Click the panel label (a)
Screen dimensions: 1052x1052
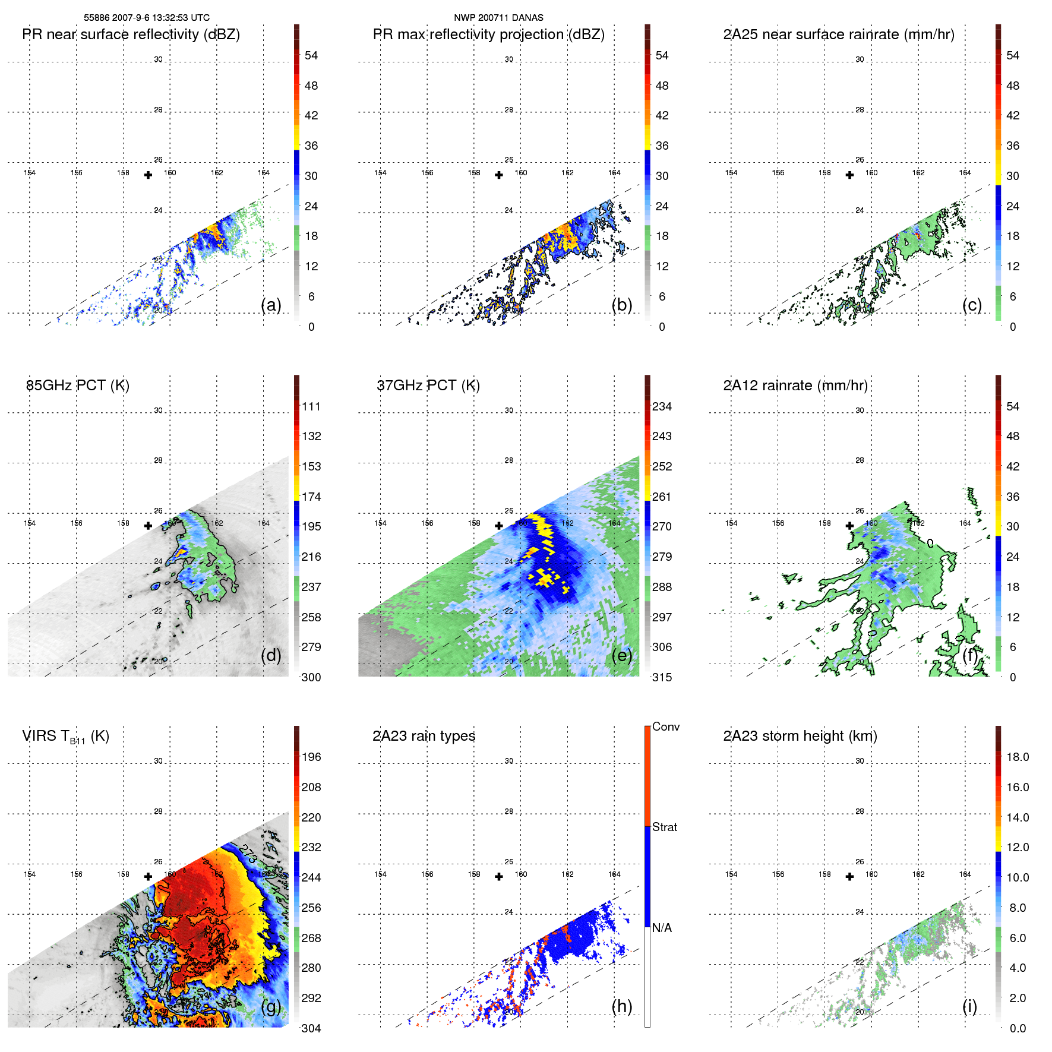[271, 305]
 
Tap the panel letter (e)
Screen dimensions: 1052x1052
[621, 656]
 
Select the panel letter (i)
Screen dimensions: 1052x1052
[969, 1006]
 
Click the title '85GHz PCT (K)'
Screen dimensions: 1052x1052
[78, 386]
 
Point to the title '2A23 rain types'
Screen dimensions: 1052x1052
[424, 736]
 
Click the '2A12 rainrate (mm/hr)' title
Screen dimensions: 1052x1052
[795, 386]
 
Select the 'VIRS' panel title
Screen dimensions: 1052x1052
[65, 737]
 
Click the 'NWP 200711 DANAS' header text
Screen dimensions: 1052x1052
[498, 18]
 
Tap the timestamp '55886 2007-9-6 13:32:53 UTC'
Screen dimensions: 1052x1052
[147, 18]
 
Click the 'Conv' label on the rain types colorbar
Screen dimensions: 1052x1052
[666, 726]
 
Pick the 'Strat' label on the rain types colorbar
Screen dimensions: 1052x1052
[665, 827]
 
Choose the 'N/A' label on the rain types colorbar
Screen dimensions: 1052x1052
[662, 928]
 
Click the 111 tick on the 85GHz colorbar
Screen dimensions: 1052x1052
[311, 406]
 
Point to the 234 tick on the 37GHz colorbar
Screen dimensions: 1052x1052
[662, 406]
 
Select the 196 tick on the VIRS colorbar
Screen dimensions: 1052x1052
[311, 757]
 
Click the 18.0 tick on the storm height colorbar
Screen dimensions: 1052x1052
[1018, 757]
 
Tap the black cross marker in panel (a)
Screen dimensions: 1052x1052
[148, 175]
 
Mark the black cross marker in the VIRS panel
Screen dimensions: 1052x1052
[148, 876]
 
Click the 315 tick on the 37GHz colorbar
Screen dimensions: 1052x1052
[662, 677]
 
